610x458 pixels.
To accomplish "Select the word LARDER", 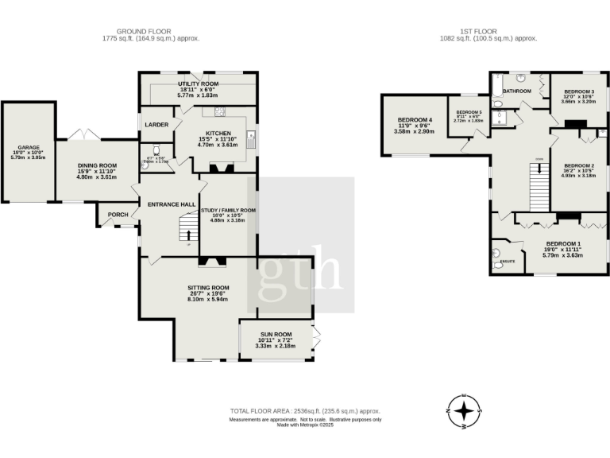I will tap(155, 125).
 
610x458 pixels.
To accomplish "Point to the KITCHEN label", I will tap(218, 133).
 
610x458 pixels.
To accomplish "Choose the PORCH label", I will tap(118, 213).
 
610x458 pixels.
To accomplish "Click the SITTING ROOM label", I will tap(208, 287).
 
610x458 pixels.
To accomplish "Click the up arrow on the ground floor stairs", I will tap(187, 234).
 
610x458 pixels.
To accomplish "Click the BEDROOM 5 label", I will tap(468, 112).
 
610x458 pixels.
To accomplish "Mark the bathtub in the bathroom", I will tap(496, 88).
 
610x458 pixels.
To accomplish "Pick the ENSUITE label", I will tap(505, 260).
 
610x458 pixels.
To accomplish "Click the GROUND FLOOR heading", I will tap(150, 31).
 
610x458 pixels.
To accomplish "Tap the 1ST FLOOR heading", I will tap(488, 31).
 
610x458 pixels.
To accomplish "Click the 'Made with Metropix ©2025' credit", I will tap(305, 425).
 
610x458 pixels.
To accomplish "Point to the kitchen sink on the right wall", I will tap(251, 142).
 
